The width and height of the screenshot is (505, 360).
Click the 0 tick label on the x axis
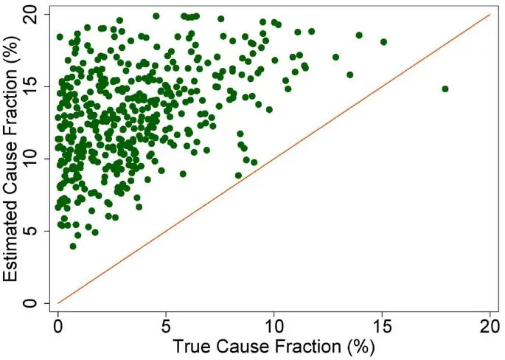(58, 325)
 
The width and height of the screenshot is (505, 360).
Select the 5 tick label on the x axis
(166, 325)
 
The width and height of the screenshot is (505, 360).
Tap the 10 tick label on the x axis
(274, 325)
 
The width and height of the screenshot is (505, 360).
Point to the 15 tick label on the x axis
(382, 325)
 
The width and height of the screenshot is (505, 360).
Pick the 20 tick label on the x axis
(490, 325)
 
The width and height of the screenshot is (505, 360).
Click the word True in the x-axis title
(193, 345)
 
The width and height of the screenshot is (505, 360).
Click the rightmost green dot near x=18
(445, 89)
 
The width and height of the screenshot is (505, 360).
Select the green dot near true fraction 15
(383, 42)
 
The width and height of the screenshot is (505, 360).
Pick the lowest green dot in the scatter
(73, 246)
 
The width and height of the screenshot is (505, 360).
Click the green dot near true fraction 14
(359, 35)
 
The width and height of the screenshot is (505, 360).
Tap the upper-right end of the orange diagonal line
(490, 14)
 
